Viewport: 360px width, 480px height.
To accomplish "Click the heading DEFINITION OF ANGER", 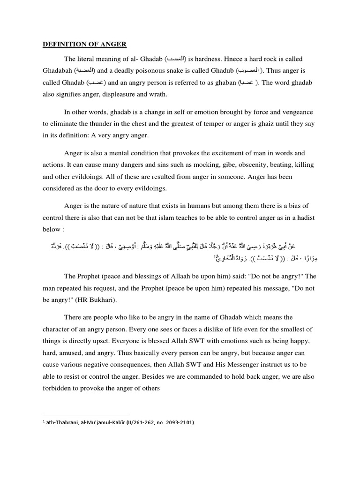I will pyautogui.click(x=84, y=44).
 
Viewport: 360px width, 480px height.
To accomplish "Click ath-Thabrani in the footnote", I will pyautogui.click(x=66, y=422).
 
